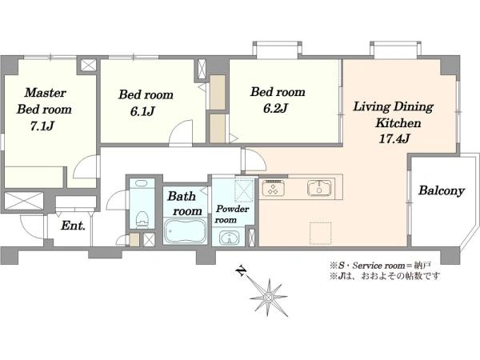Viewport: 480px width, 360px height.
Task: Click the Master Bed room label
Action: coord(44,101)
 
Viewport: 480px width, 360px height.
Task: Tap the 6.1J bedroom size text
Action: coord(142,111)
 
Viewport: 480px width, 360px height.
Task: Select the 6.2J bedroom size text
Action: coord(275,108)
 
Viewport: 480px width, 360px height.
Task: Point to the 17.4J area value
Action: coord(394,138)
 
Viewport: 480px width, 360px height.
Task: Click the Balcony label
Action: coord(442,190)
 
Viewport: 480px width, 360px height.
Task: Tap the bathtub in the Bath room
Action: coord(185,231)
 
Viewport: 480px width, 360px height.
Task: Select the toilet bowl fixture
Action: coord(142,219)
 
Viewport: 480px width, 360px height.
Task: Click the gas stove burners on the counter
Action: coord(273,188)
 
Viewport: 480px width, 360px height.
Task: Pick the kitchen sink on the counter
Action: coord(319,188)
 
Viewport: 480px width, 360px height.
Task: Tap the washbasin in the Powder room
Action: coord(228,238)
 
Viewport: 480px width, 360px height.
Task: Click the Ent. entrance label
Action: coord(73,226)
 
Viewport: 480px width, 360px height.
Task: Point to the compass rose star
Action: coord(269,298)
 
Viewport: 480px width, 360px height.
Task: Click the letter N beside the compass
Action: coord(242,270)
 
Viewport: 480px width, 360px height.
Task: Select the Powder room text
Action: coord(232,214)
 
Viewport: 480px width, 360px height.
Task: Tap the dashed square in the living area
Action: coord(321,234)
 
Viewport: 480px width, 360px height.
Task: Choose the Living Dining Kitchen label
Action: coord(394,114)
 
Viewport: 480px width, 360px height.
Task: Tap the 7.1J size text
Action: coord(42,126)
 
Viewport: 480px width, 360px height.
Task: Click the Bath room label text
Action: coord(185,203)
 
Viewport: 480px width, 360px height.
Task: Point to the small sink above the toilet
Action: coord(141,184)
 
